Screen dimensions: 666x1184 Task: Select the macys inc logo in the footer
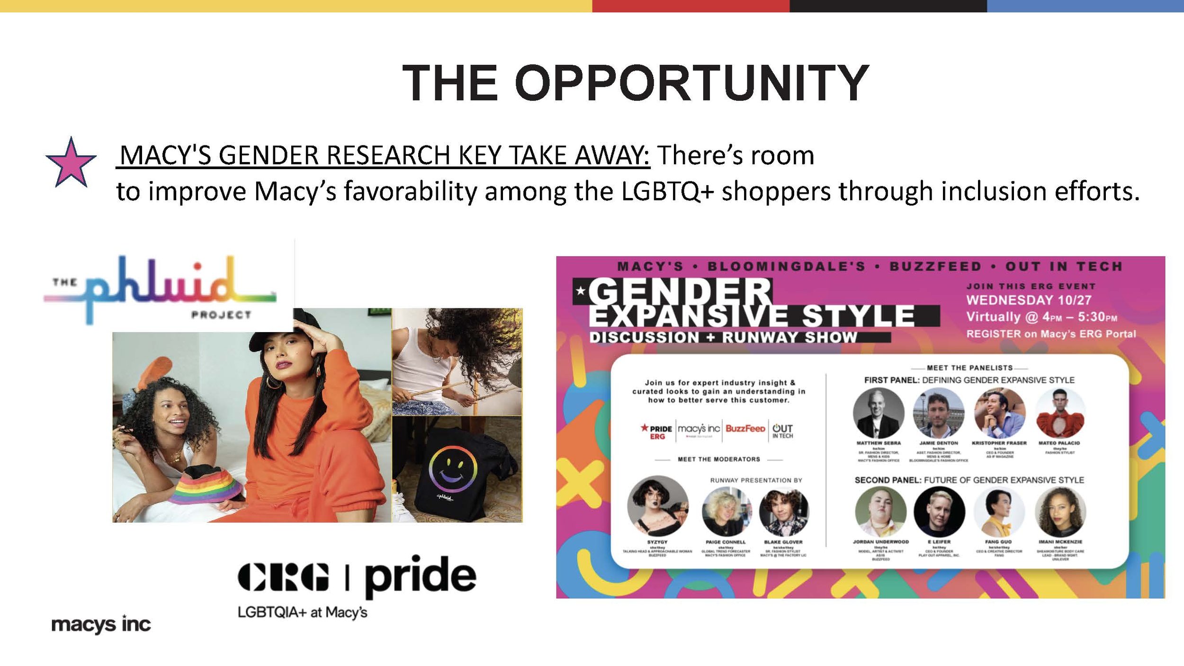(101, 624)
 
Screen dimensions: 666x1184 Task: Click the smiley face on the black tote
(452, 468)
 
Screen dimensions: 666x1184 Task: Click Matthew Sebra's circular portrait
(878, 413)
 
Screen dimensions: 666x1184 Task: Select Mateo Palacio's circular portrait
(1060, 413)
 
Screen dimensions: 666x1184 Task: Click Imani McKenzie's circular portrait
(1060, 512)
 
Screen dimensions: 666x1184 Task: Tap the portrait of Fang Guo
(999, 512)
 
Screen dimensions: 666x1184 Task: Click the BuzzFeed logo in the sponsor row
(745, 429)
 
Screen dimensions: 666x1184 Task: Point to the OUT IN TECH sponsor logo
(782, 431)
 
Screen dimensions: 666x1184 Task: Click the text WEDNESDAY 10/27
(1029, 300)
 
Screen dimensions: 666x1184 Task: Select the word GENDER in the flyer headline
(680, 292)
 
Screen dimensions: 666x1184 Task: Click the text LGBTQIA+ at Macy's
(302, 612)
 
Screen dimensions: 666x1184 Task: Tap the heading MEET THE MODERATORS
(718, 459)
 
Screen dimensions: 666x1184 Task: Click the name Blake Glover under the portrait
(783, 542)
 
